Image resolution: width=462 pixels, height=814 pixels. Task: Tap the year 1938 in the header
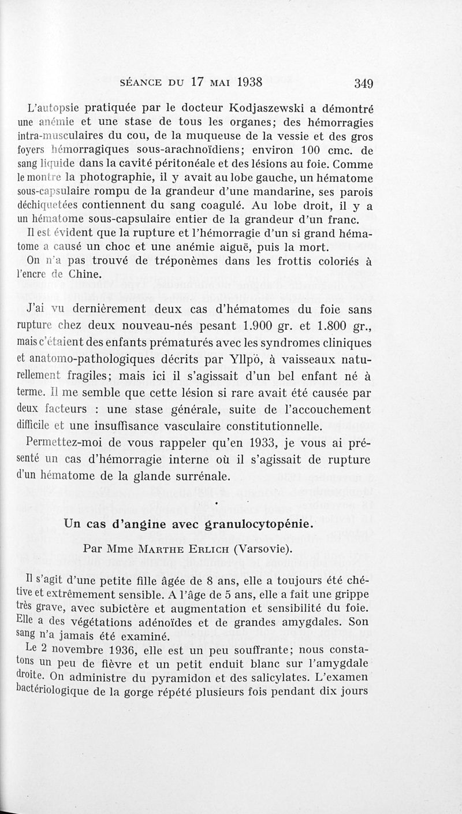(242, 81)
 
